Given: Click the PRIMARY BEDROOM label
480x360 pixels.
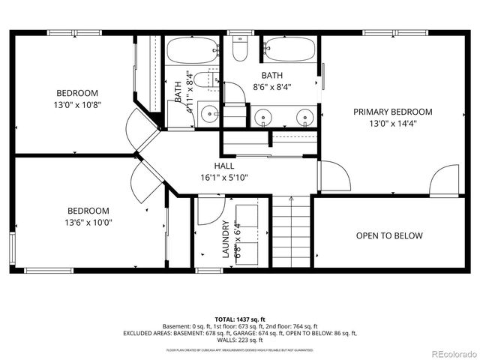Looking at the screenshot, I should click(392, 112).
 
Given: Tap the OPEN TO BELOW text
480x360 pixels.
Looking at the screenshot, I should click(389, 235).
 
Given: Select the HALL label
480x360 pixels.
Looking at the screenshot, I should click(223, 166).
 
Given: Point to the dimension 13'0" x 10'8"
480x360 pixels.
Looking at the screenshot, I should click(78, 105).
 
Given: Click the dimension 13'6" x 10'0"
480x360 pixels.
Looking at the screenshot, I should click(88, 223).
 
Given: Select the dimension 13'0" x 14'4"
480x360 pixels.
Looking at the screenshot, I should click(392, 124).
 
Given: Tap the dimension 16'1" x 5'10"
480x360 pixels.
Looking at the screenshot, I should click(223, 178).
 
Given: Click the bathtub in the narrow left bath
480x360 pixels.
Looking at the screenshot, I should click(191, 51).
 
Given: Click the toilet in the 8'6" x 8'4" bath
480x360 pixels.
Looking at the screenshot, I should click(240, 50).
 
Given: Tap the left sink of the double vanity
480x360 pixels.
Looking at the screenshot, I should click(262, 117).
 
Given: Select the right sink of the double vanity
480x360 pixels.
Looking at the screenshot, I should click(304, 117).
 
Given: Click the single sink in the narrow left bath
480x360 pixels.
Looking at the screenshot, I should click(211, 116).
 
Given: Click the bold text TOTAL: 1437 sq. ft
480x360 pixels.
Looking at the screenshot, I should click(239, 319).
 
